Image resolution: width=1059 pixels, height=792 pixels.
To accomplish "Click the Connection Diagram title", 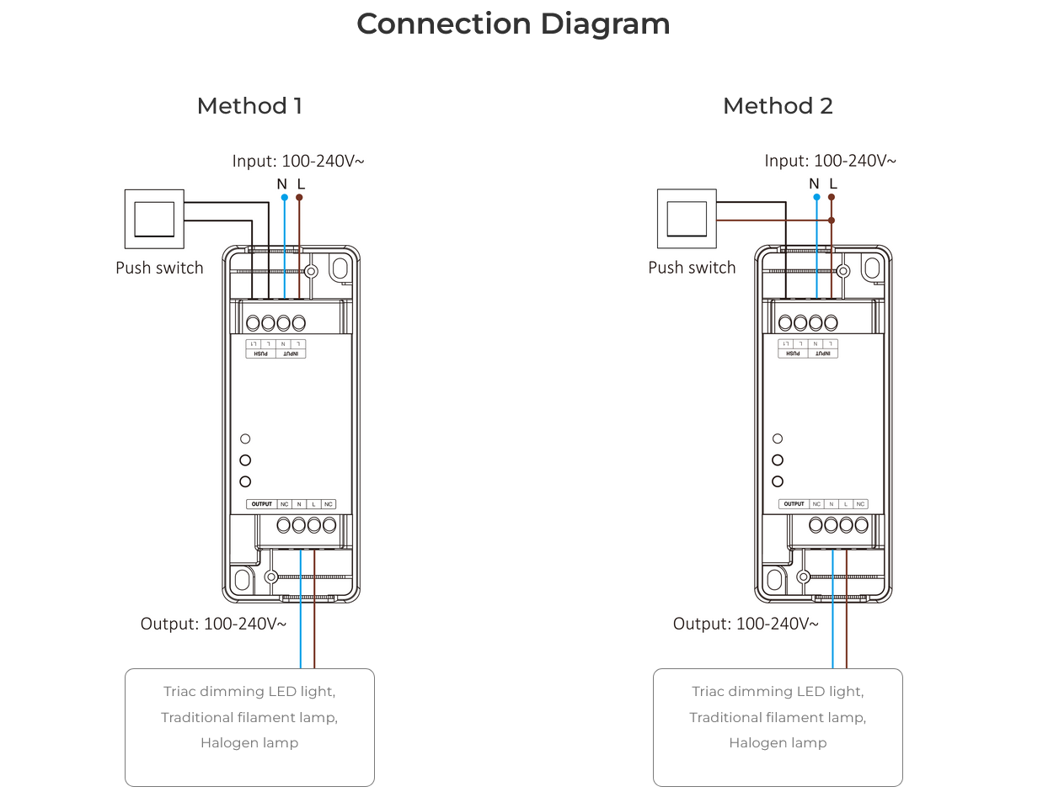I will [x=513, y=24].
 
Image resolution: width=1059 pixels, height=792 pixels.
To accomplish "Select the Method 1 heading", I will [x=249, y=106].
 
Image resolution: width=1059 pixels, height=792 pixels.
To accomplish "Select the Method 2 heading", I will [x=778, y=106].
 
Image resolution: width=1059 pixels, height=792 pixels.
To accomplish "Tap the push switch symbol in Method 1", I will [x=154, y=219].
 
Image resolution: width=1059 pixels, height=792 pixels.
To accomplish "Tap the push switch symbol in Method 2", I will [x=687, y=219].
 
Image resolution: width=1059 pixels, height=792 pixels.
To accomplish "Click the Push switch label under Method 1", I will [x=159, y=268].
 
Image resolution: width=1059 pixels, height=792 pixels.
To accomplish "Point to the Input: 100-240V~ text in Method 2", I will [x=830, y=161].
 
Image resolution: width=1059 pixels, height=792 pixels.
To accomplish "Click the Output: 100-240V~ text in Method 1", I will [x=213, y=624].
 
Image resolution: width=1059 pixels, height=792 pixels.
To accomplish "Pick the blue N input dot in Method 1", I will [x=284, y=198].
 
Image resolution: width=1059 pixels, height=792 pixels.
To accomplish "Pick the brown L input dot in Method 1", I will [x=299, y=198].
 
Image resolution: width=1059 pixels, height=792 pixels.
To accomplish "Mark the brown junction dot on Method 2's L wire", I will [x=832, y=221].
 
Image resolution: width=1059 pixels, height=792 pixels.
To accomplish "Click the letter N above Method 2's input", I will [x=814, y=183].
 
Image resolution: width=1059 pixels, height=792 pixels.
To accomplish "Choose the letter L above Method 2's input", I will [x=833, y=183].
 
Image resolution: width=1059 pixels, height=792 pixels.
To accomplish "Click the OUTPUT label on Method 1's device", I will [x=262, y=504].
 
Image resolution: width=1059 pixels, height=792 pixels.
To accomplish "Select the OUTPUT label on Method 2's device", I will [x=794, y=504].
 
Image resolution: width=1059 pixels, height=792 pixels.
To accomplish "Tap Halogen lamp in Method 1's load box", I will [x=249, y=742].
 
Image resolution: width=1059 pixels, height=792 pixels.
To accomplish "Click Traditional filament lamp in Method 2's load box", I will [x=778, y=717].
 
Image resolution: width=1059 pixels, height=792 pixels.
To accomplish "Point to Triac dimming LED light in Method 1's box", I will [x=249, y=692].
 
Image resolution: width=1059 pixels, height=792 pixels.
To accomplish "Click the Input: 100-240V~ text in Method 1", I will [x=298, y=161].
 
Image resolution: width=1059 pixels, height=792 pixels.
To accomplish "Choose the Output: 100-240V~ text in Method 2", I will [x=746, y=624].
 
